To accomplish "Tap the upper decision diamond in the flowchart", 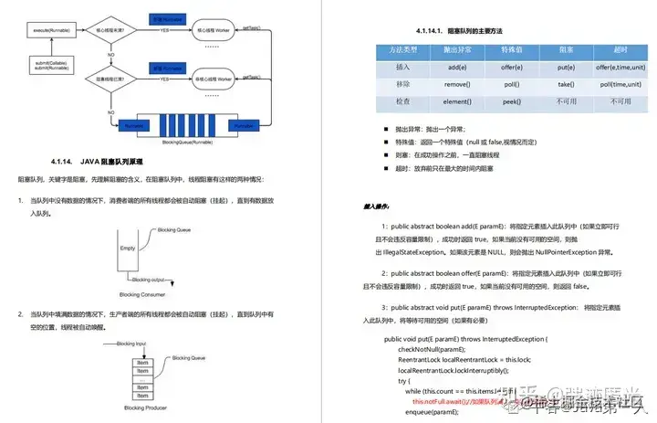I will (x=129, y=30).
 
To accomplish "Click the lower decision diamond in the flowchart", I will (x=129, y=79).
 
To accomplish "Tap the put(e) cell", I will (x=567, y=66).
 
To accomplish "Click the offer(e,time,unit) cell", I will (x=620, y=66).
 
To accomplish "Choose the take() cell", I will (x=567, y=83).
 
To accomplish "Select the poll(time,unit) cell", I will (x=620, y=83).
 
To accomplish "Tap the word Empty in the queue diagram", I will (x=128, y=248).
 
